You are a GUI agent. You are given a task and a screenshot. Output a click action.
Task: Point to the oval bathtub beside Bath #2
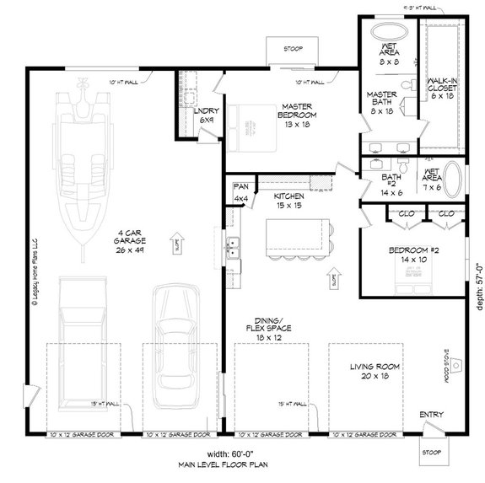(454, 179)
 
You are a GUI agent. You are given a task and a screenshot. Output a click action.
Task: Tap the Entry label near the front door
(430, 415)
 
